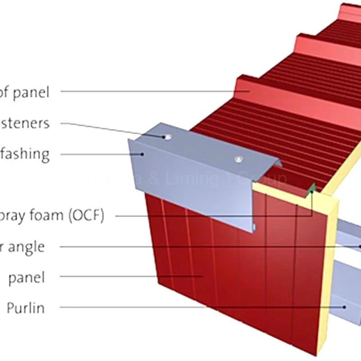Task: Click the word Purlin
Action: pyautogui.click(x=25, y=308)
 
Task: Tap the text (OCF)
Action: pyautogui.click(x=86, y=216)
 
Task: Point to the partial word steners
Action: pyautogui.click(x=25, y=123)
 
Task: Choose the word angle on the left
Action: pyautogui.click(x=28, y=247)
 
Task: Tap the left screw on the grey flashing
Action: pyautogui.click(x=168, y=136)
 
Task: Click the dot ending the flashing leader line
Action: pyautogui.click(x=142, y=154)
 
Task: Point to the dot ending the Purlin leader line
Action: pyautogui.click(x=345, y=307)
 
